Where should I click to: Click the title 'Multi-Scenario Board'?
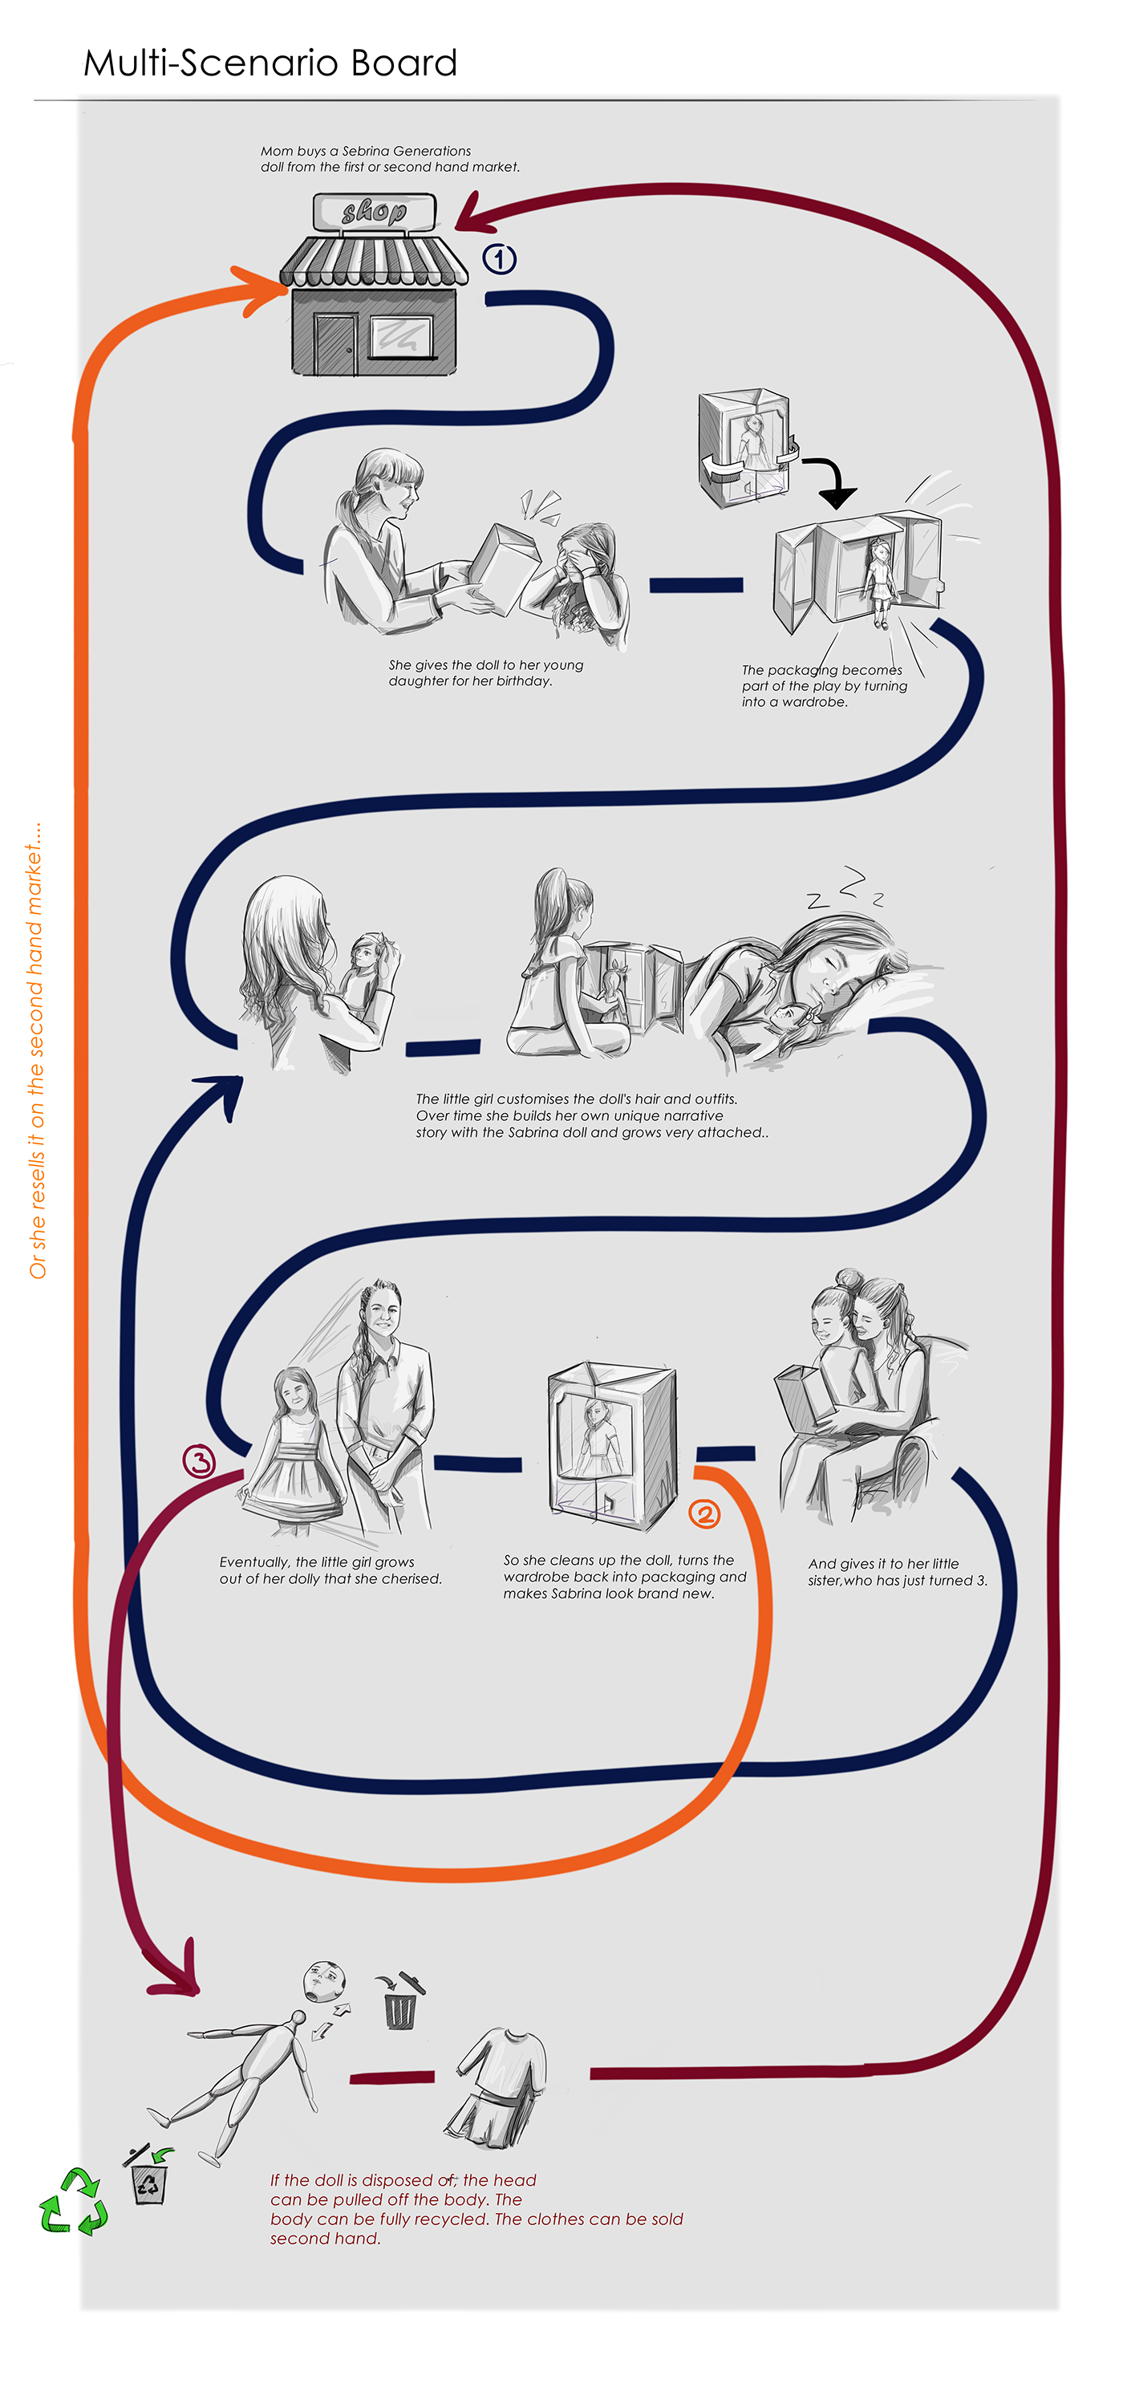point(270,63)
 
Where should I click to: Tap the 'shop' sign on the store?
point(374,213)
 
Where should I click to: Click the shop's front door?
point(335,344)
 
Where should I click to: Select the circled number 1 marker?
point(499,259)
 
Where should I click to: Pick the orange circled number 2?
point(704,1514)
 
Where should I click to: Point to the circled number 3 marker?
point(199,1461)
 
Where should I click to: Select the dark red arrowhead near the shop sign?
point(473,214)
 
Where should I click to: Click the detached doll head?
point(325,1983)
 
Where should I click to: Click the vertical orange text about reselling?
point(36,1050)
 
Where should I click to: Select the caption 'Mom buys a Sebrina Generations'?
point(366,150)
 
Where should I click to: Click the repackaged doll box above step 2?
point(611,1444)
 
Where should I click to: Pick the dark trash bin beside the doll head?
point(401,2004)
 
